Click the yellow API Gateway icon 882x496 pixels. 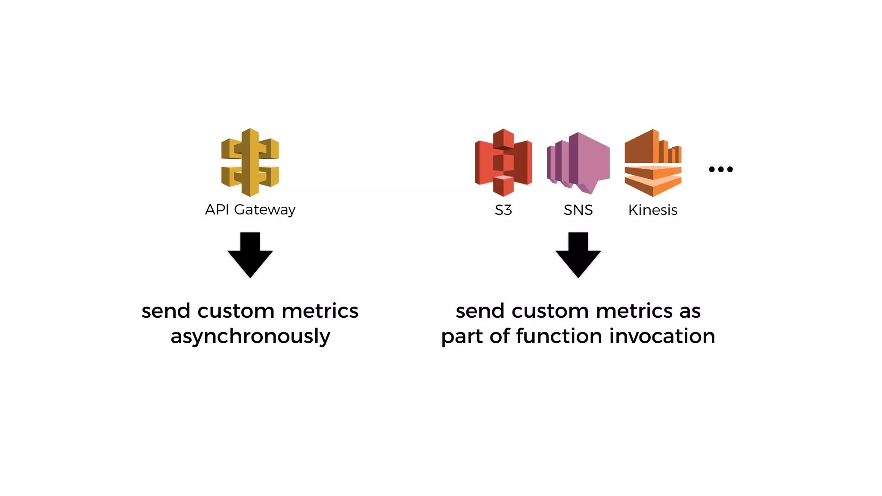coord(250,162)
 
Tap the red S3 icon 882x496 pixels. coord(503,162)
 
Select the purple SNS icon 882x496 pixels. coord(578,163)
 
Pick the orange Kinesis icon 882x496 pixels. coord(653,163)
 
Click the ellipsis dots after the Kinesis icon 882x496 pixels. coord(721,169)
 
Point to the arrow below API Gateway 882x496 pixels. coord(250,255)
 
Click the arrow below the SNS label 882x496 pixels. coord(578,255)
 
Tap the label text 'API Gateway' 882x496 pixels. coord(250,210)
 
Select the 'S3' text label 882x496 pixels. coord(503,210)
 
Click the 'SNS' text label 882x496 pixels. coord(578,210)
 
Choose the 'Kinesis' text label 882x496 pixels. coord(652,210)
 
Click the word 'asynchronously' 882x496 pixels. coord(250,336)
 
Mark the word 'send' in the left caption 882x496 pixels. coord(166,311)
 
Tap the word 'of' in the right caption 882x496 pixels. coord(500,336)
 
